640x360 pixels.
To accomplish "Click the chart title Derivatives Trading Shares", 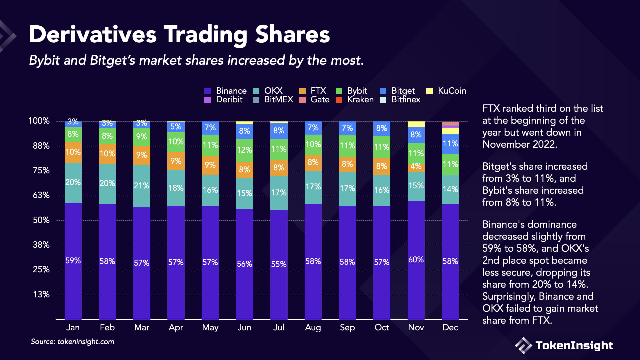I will tap(179, 35).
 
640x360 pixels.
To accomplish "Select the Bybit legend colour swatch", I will tap(339, 91).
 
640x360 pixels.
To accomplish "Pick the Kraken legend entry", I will tap(360, 99).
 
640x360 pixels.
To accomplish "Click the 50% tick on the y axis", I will tap(41, 220).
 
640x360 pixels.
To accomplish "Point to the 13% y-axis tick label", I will tap(41, 294).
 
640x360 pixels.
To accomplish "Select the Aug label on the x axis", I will tap(313, 327).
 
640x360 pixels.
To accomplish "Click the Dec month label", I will tap(450, 327).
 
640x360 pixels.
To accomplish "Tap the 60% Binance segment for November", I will tap(416, 260).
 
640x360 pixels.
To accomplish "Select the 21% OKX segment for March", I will tap(141, 186).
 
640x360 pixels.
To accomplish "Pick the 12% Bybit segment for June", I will tap(244, 150).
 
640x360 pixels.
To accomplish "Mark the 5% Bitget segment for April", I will tap(176, 127).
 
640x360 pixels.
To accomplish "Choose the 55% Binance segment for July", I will tap(279, 264).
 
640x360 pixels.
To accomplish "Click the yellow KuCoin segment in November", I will tap(416, 124).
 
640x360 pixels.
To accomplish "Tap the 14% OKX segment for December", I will tap(450, 189).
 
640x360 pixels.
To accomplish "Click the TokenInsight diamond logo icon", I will tap(523, 345).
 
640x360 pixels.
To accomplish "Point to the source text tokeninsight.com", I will tap(86, 342).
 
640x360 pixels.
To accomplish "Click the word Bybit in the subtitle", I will tap(44, 61).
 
